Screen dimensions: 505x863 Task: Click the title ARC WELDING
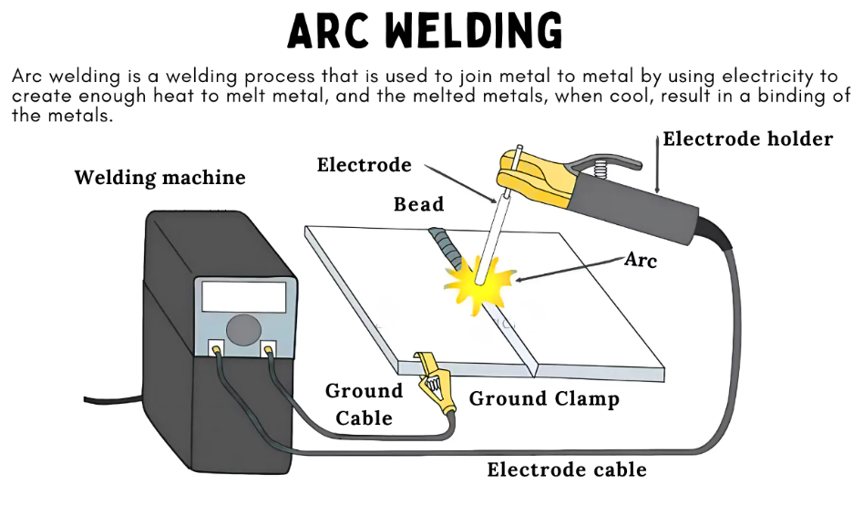[x=426, y=31]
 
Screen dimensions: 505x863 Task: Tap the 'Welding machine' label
[x=159, y=177]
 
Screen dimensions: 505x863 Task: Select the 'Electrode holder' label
[x=747, y=139]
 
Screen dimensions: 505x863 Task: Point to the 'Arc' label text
[x=641, y=260]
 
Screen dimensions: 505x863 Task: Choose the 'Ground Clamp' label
[x=544, y=398]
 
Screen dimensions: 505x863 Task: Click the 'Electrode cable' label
[x=567, y=470]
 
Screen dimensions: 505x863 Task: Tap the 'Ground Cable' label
[x=364, y=404]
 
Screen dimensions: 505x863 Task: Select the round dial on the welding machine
[x=241, y=329]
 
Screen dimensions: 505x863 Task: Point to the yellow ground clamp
[x=436, y=387]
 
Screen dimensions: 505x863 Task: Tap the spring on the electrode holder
[x=601, y=170]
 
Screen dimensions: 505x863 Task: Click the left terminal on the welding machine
[x=217, y=347]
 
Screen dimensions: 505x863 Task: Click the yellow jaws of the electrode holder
[x=538, y=178]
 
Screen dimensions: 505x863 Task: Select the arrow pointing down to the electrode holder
[x=658, y=164]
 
